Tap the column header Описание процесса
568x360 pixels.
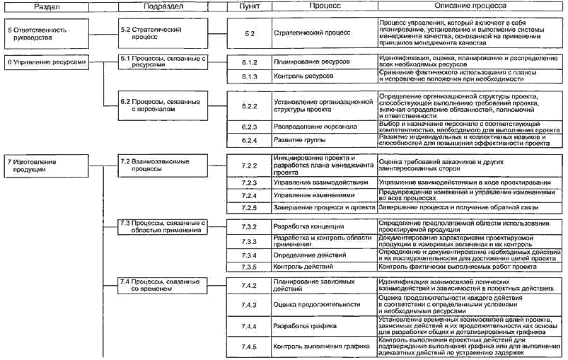tap(470, 6)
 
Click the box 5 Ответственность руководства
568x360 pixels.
tap(45, 34)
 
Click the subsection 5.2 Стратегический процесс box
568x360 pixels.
tap(162, 34)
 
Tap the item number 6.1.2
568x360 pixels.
tap(248, 62)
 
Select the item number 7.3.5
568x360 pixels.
tap(248, 267)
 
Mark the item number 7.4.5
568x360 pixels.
tap(248, 347)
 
